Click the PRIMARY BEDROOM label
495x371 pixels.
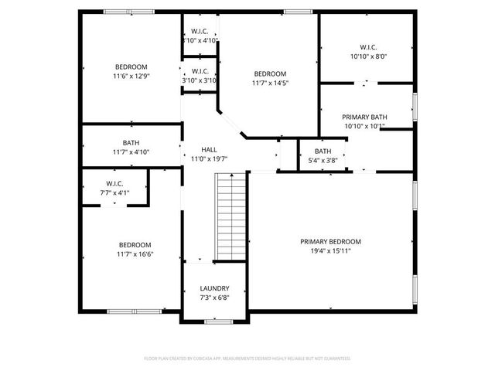pos(330,241)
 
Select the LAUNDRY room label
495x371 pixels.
pos(214,288)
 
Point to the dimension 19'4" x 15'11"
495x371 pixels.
pos(330,250)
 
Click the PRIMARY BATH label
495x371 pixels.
pos(364,117)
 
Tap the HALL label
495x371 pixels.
pos(209,149)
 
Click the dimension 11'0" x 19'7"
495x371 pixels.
pos(209,158)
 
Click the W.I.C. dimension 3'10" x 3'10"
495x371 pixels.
pos(200,80)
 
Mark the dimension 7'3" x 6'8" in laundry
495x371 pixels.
pos(214,298)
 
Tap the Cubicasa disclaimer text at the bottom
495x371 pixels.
pos(247,359)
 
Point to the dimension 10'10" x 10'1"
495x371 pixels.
pos(364,127)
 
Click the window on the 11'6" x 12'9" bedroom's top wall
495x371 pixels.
pos(118,12)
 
